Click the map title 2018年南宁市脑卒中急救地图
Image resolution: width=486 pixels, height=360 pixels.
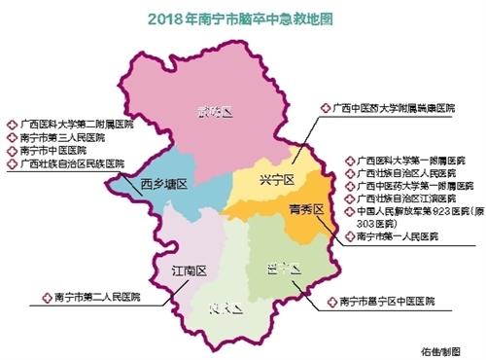(243, 18)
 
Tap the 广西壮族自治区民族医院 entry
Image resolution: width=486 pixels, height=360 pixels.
(69, 165)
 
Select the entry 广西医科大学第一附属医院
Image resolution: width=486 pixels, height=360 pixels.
(418, 158)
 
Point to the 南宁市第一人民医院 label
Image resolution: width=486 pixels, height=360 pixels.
(403, 235)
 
